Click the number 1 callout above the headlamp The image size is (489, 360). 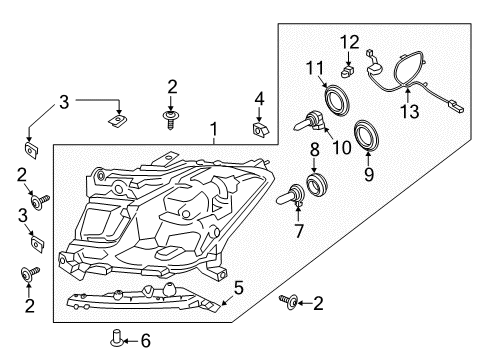211,129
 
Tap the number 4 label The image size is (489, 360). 258,98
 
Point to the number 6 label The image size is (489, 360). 145,341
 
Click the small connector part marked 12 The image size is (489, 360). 346,71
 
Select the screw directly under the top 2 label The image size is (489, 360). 171,118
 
